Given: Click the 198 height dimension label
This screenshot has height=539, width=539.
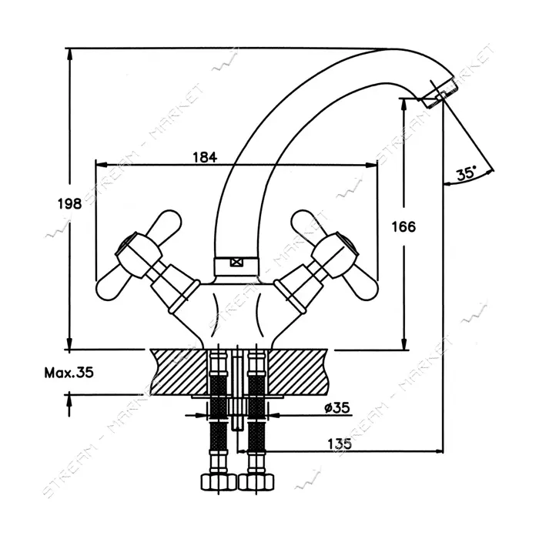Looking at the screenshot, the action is point(69,204).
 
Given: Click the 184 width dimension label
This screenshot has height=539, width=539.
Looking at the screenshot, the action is point(205,157).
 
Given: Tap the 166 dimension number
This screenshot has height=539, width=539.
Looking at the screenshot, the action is point(403,227).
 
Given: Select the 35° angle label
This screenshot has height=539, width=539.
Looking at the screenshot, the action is point(466,173).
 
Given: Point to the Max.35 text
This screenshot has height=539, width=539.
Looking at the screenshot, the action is point(69,372).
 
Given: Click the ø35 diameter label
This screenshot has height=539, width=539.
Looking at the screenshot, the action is point(337,407).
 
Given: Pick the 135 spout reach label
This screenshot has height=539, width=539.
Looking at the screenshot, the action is point(340,444).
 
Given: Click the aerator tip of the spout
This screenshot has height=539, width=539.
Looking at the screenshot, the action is point(439,94).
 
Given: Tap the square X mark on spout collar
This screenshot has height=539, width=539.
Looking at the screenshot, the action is point(236,263).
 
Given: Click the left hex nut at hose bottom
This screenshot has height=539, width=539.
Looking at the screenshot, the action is point(218,482).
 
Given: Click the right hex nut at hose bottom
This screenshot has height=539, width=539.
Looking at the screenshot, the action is point(256,482).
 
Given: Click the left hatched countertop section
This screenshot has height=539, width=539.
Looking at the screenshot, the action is point(179,372).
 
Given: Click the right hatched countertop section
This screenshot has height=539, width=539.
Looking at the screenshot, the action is point(298,372).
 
